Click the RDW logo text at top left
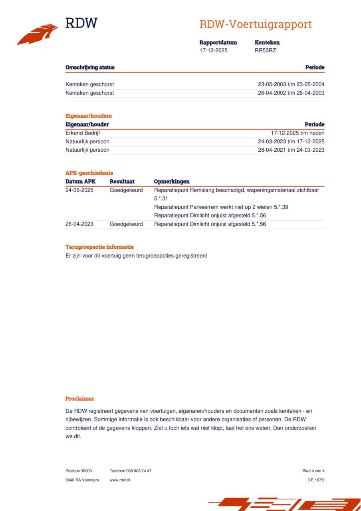[81, 23]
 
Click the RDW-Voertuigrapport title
[255, 24]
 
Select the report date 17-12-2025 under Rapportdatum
[214, 50]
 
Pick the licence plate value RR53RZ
[265, 50]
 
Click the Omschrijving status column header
[90, 67]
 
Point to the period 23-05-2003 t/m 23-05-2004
[291, 84]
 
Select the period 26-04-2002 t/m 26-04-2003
[291, 93]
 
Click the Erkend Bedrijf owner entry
[83, 133]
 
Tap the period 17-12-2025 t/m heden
[298, 133]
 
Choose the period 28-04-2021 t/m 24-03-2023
[291, 150]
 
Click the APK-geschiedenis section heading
[89, 173]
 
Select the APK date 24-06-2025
[79, 190]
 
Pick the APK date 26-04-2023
[79, 224]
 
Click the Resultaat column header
[122, 181]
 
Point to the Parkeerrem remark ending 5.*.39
[221, 207]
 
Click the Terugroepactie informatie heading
[99, 247]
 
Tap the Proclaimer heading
[80, 398]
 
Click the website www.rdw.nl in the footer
[120, 480]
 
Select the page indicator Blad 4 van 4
[313, 471]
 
